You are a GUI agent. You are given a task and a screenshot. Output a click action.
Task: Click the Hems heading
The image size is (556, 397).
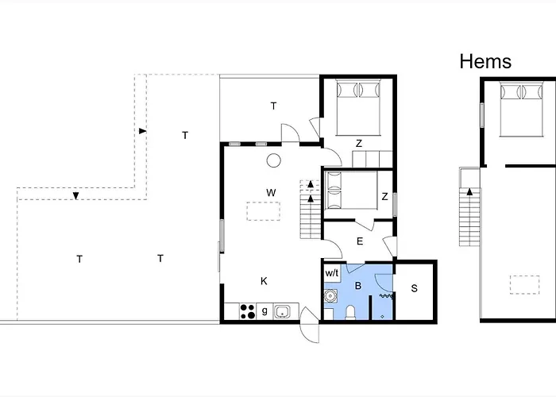point(485,61)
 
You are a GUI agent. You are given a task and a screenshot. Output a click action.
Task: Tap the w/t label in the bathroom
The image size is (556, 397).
point(332,273)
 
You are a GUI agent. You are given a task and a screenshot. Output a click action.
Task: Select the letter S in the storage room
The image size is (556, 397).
point(414,288)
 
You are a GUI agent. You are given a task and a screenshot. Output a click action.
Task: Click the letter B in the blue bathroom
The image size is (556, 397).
point(358,286)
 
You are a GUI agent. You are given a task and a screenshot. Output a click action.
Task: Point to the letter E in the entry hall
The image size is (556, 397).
point(360,241)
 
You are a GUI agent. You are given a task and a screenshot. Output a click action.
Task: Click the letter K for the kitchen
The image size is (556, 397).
point(264,281)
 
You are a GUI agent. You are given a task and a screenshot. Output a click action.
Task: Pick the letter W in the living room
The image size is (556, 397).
point(271,192)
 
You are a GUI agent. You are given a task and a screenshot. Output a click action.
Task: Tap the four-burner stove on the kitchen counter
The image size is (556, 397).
point(248,311)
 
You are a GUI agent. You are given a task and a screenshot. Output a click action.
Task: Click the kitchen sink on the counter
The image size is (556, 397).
point(282,311)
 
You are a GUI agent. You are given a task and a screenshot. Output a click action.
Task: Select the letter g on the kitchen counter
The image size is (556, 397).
point(264,311)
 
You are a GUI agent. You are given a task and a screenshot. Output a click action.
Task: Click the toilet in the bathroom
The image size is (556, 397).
point(350,313)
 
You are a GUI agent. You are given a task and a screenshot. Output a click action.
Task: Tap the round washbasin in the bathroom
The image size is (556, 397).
point(330,295)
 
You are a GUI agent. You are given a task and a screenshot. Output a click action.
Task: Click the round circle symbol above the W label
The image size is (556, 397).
point(273,160)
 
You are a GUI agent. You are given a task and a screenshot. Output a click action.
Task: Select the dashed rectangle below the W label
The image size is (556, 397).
point(263,211)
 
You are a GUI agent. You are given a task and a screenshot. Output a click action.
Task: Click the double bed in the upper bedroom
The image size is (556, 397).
point(358,107)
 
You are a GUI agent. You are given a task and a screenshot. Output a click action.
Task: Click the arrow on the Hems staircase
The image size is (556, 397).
point(469,192)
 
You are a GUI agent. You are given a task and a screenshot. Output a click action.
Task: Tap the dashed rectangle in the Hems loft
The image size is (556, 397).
point(525,284)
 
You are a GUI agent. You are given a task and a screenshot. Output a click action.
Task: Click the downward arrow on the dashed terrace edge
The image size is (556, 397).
point(75,195)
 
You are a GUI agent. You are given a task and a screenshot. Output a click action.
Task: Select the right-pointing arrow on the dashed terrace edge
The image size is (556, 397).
point(142,131)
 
